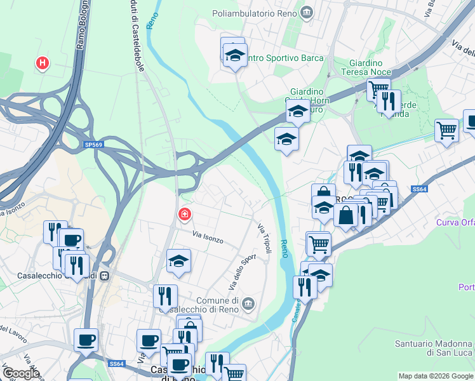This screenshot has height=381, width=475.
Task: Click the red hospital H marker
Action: coord(43,63)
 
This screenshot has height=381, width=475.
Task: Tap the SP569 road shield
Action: coord(93,145)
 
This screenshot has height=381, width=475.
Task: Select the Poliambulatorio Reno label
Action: coord(257,12)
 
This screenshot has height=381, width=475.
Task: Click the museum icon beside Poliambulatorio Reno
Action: coord(307,12)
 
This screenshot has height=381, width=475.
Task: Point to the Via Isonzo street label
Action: coord(208,239)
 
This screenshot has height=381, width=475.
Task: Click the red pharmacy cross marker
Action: coord(184,215)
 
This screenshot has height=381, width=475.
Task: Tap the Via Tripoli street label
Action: coord(265,238)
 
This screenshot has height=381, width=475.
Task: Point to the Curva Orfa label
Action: coord(455,222)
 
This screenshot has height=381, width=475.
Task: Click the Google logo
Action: coord(20,373)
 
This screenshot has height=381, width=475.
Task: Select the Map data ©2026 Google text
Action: coord(436,376)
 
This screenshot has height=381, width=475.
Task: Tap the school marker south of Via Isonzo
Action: coord(179,260)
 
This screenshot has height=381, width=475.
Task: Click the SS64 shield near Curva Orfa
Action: coord(418,189)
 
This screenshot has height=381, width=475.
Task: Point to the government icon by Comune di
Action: coord(248,304)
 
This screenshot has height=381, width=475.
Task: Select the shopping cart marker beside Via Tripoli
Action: coord(318,243)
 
